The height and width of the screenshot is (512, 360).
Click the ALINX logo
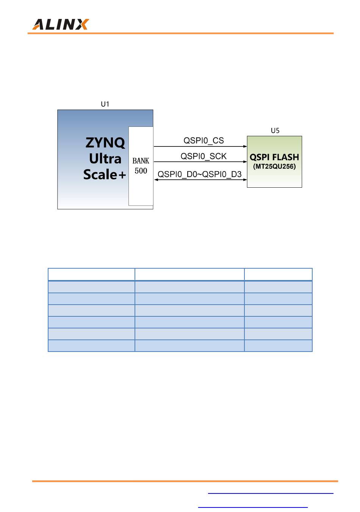(x=60, y=25)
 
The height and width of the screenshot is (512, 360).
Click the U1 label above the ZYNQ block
(x=105, y=104)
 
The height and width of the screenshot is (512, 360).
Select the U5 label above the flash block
(x=275, y=131)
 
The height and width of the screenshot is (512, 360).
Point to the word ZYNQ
(x=105, y=143)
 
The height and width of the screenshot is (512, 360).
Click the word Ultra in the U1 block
(x=105, y=159)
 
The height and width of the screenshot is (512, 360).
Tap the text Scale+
(x=105, y=174)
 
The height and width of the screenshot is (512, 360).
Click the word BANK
(x=141, y=161)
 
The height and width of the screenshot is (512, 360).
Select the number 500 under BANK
(x=141, y=171)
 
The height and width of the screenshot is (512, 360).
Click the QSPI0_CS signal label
(x=203, y=141)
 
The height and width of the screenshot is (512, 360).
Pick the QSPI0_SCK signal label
(x=203, y=156)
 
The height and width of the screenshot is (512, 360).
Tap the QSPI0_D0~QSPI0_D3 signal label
(x=199, y=174)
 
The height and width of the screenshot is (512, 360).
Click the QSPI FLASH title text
(x=274, y=157)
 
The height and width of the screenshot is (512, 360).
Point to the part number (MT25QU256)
(x=274, y=167)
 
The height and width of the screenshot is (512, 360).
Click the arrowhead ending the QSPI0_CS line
(x=245, y=146)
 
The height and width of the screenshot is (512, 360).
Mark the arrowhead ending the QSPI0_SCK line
(x=245, y=162)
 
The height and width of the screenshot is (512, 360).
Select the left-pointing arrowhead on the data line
(x=156, y=179)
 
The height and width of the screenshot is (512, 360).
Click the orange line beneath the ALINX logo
(x=180, y=33)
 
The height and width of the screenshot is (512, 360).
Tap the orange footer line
(x=185, y=481)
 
